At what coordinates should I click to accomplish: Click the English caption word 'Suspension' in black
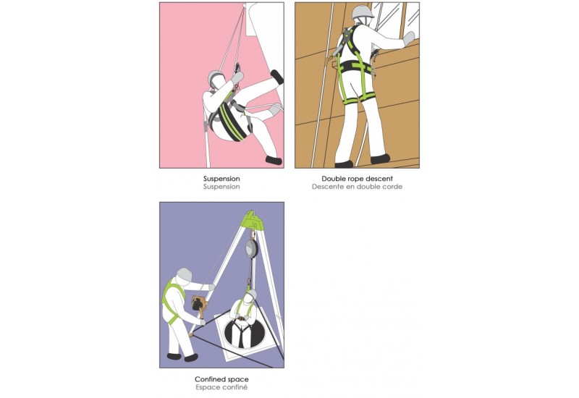pyautogui.click(x=221, y=178)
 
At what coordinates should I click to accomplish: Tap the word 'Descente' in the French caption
pyautogui.click(x=329, y=187)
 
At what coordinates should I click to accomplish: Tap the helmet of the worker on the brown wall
pyautogui.click(x=362, y=12)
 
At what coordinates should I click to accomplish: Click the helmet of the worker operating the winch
pyautogui.click(x=185, y=275)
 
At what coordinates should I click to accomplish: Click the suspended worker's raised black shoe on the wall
pyautogui.click(x=276, y=76)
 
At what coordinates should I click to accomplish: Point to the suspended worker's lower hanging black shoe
pyautogui.click(x=273, y=160)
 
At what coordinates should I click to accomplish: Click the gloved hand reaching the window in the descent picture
pyautogui.click(x=409, y=38)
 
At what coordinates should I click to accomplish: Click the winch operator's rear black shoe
pyautogui.click(x=174, y=355)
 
